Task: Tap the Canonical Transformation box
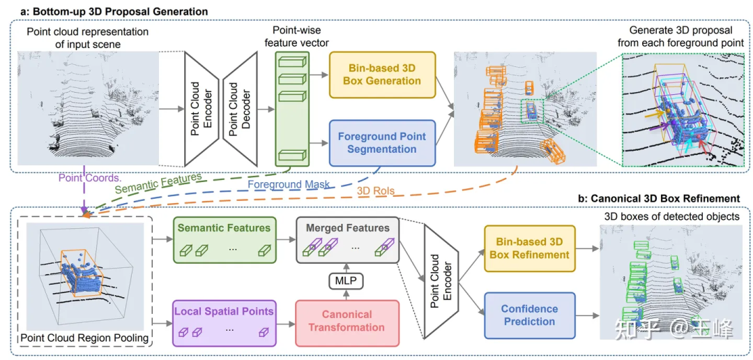(x=347, y=320)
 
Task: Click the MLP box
(x=347, y=280)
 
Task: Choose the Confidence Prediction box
(x=529, y=315)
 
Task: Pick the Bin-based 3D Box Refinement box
(x=529, y=248)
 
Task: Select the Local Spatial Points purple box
(x=223, y=323)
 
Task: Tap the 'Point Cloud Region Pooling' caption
(x=84, y=338)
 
